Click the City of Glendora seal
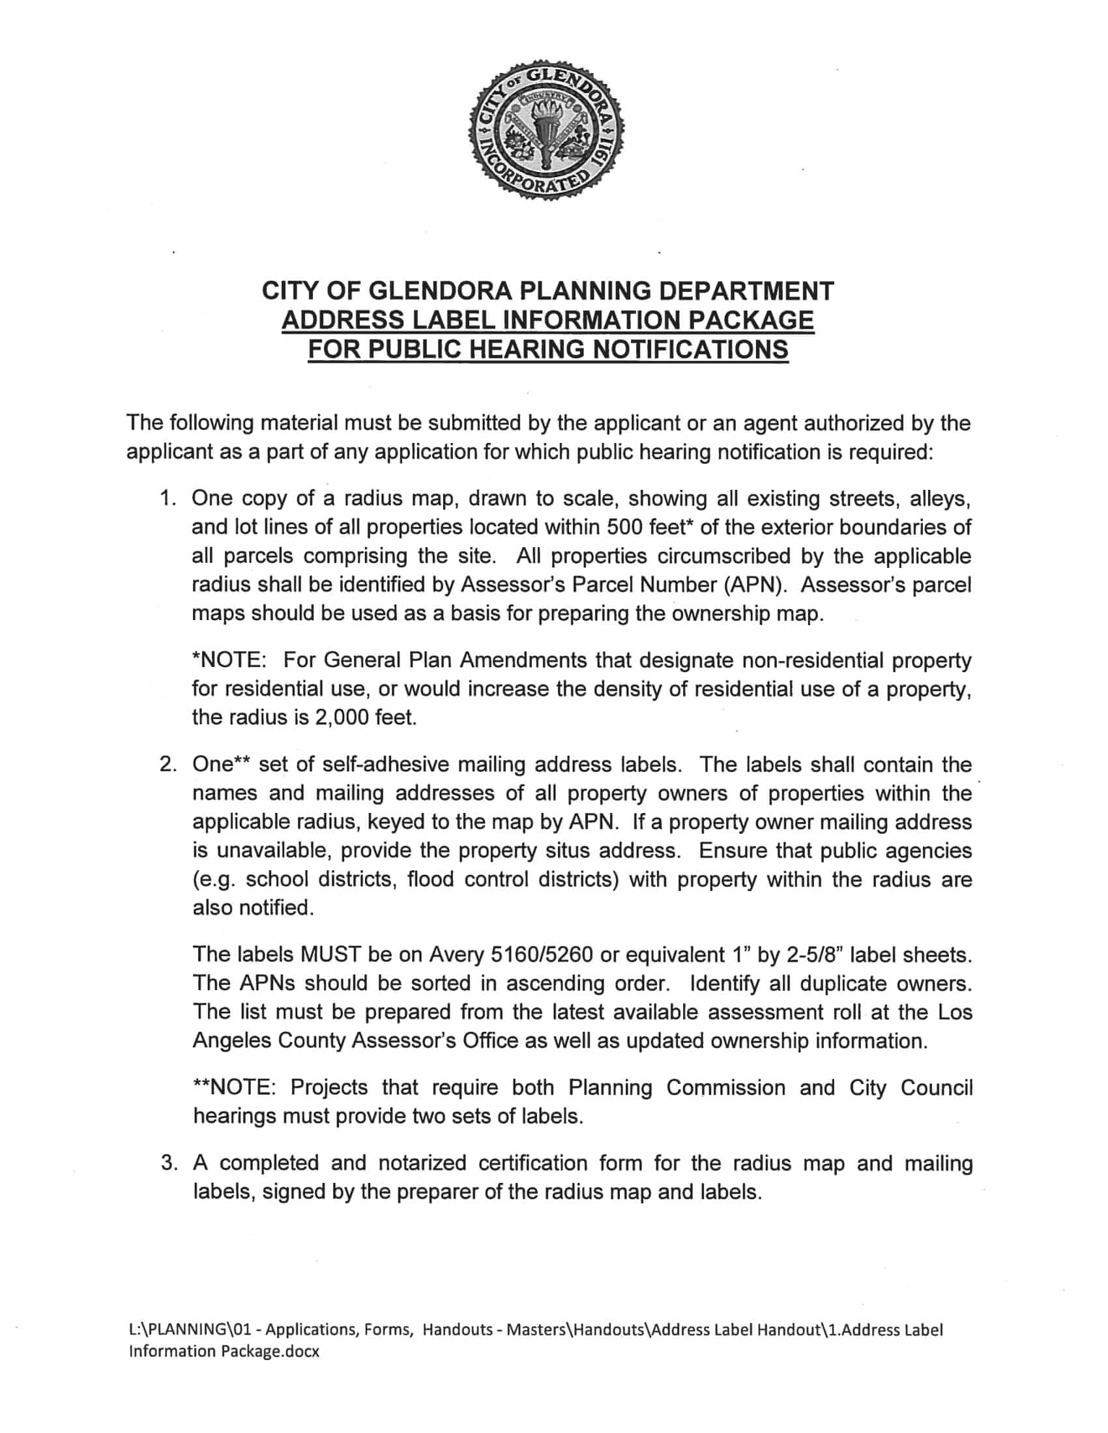546,131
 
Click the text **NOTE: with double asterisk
234,1088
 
